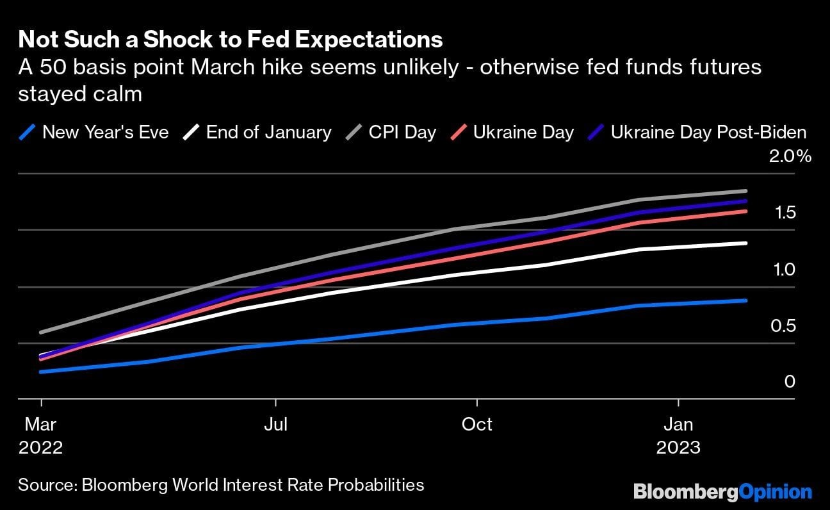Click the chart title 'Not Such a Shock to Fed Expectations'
[x=231, y=40]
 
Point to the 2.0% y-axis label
[x=790, y=157]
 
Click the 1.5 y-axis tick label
[x=785, y=213]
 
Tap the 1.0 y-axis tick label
[x=785, y=270]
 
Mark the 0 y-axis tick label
[x=790, y=383]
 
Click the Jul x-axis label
[x=275, y=424]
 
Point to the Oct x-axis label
[x=477, y=424]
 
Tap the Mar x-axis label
[x=41, y=424]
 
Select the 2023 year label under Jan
[x=678, y=447]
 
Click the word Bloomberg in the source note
[x=121, y=484]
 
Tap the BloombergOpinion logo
[x=722, y=492]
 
